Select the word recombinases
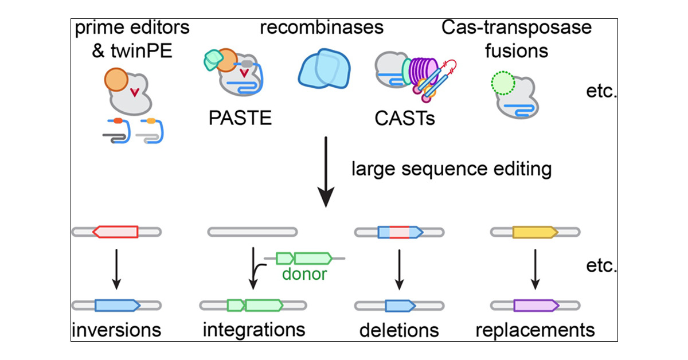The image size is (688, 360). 322,28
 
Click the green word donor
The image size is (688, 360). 304,274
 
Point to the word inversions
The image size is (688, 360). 116,330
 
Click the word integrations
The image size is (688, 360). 253,330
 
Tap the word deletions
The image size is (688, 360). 399,330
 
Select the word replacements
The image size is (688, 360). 535,330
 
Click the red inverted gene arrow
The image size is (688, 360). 115,232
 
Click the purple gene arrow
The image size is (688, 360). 535,305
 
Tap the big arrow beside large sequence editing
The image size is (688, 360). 326,172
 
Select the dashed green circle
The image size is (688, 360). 503,84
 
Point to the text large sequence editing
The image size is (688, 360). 452,169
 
